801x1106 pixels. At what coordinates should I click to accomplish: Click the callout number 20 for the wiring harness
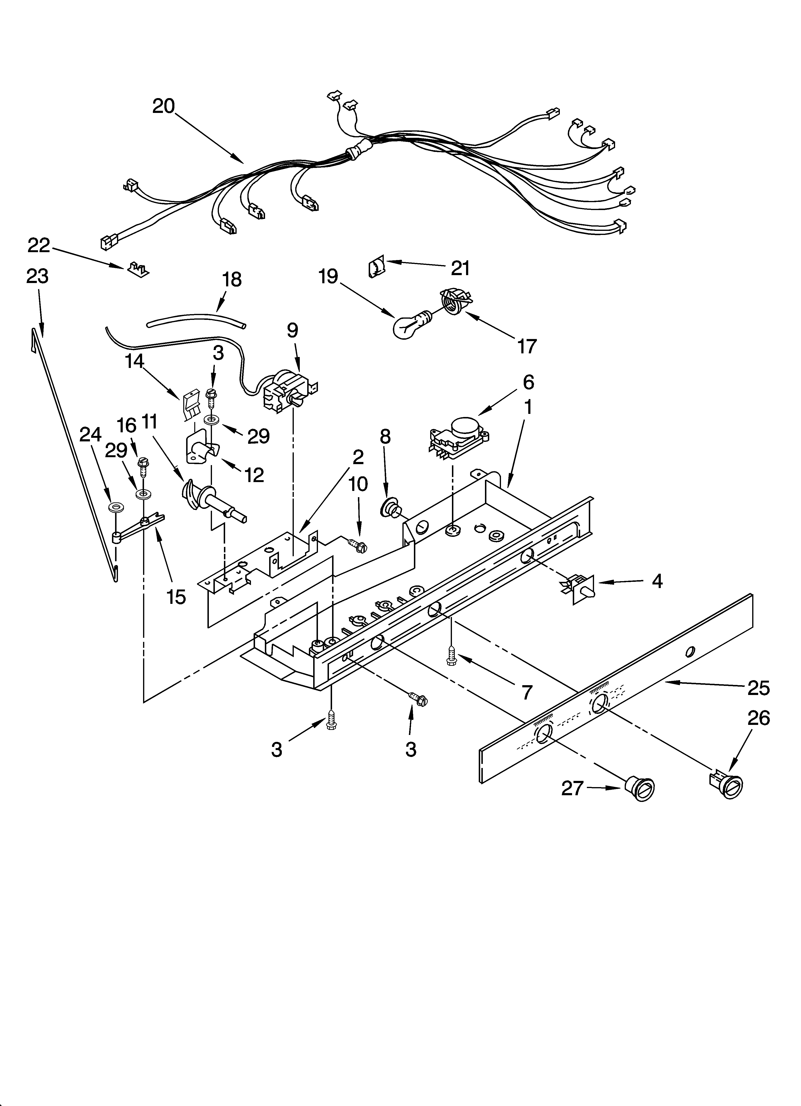(163, 106)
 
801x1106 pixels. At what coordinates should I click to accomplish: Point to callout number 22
(39, 245)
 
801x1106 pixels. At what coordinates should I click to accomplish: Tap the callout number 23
(38, 276)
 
